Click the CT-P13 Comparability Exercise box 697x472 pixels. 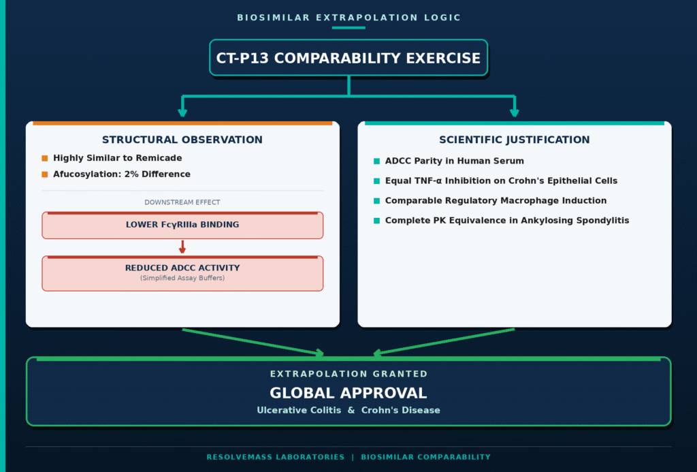point(348,58)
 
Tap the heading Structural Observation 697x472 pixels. point(182,140)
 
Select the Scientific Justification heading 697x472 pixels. point(515,140)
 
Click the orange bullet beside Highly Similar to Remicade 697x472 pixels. point(44,159)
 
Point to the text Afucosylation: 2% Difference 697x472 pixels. point(122,174)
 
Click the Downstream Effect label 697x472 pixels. point(182,202)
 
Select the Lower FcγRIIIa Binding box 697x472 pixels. point(182,225)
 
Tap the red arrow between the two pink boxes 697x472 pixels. point(182,247)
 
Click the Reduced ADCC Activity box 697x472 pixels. point(182,273)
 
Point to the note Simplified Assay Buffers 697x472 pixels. point(182,278)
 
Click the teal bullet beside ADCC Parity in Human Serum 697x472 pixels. point(376,161)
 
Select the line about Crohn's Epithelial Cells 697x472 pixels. point(501,180)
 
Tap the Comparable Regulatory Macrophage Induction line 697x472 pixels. point(496,201)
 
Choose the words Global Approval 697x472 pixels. point(348,393)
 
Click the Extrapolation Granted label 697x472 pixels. point(348,374)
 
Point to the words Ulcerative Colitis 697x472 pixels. point(299,410)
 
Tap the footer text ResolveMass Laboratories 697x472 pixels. point(276,457)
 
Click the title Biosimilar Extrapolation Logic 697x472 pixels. point(348,18)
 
